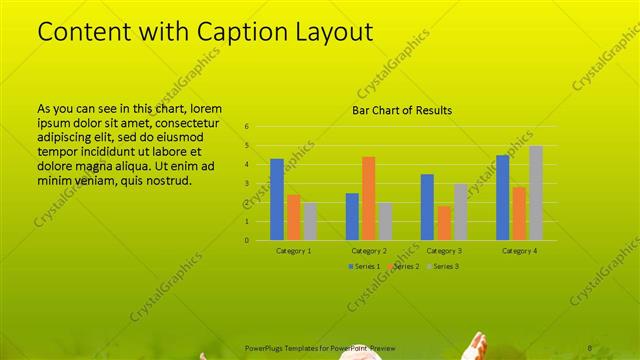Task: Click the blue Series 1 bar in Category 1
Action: click(x=277, y=199)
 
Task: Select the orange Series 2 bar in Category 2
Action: click(x=368, y=198)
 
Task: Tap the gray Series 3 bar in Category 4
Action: click(x=536, y=193)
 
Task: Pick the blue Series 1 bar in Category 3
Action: click(x=427, y=207)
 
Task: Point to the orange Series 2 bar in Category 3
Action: click(x=443, y=223)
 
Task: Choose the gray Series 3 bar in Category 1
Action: click(x=309, y=221)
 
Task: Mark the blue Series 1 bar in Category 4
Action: click(x=503, y=197)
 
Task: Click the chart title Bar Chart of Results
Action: click(x=402, y=110)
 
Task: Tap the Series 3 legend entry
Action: click(x=443, y=266)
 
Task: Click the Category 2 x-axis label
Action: click(x=369, y=250)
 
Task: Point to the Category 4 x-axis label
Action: click(x=519, y=250)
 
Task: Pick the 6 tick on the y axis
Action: click(x=247, y=127)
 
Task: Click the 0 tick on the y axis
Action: click(x=247, y=240)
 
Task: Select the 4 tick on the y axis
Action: click(x=247, y=165)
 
